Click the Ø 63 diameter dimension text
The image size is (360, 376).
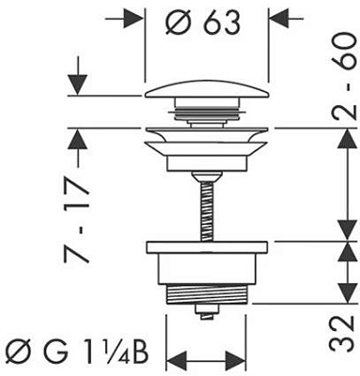coord(203,23)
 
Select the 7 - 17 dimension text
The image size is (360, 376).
coord(77,221)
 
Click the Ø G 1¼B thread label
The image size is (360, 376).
coord(79,353)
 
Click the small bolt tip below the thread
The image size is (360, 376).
coord(206,312)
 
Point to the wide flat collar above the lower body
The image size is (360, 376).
coord(207,247)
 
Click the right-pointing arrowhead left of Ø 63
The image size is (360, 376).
coord(132,19)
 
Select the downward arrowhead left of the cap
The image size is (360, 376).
coord(77,85)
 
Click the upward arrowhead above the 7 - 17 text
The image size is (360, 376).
coord(77,140)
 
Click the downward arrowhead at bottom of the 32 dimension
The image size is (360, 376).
coord(348,293)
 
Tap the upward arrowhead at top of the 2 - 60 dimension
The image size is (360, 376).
coord(348,139)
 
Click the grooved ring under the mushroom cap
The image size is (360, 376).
coord(207,114)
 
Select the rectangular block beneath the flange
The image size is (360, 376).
coord(206,164)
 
